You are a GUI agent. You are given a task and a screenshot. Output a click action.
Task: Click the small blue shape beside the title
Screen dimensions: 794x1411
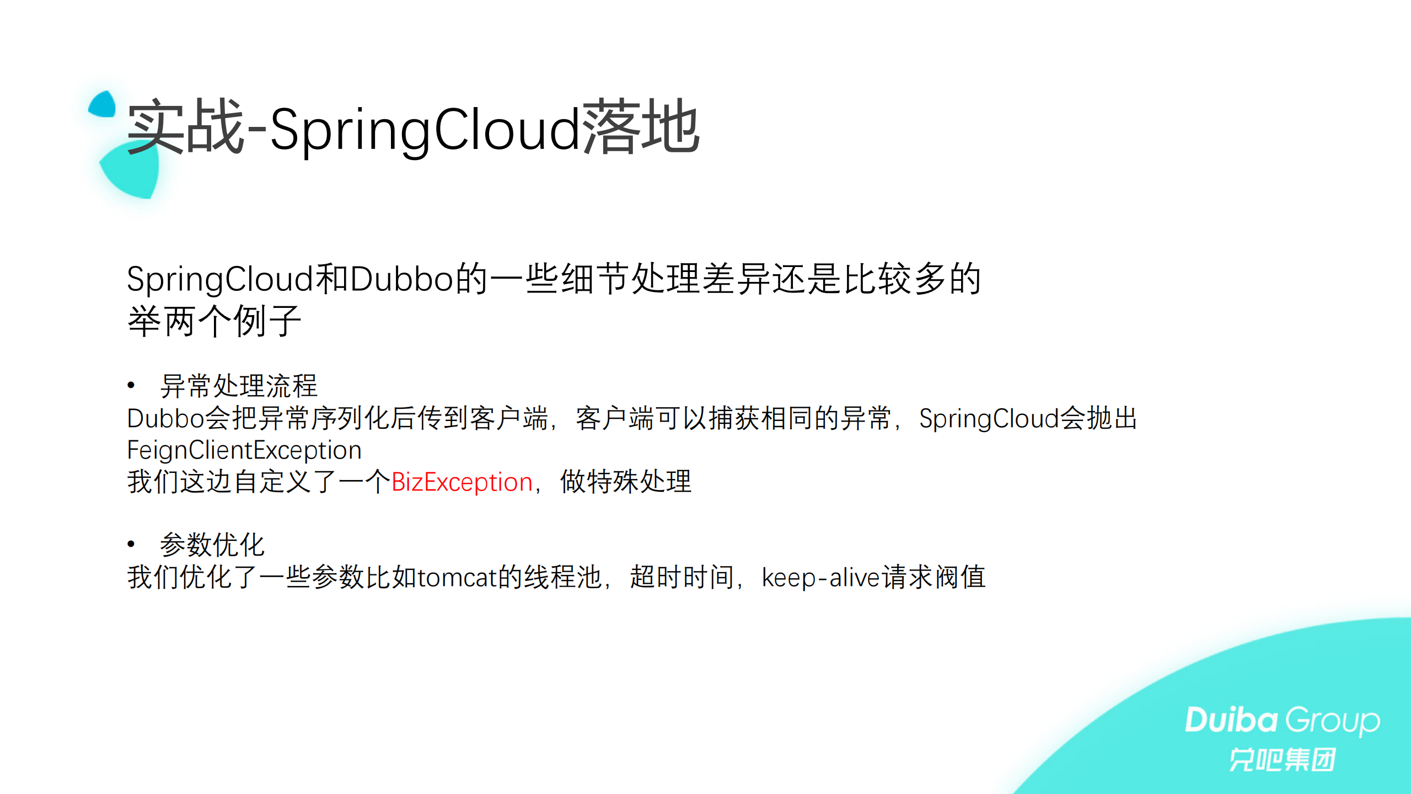pos(103,105)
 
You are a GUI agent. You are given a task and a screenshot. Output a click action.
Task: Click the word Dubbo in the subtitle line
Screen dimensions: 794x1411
pos(401,279)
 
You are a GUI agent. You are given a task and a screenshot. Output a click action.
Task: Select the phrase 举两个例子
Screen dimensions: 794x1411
pos(214,321)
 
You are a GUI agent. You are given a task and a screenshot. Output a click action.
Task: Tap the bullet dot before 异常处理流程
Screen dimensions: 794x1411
pos(131,385)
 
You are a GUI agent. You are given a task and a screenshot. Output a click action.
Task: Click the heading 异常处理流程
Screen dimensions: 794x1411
pos(238,386)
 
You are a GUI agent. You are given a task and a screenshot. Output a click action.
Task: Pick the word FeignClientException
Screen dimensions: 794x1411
pos(244,450)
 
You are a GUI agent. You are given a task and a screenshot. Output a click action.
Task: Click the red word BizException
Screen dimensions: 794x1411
pos(462,482)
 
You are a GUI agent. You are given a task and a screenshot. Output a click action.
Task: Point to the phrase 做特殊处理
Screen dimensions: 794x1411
pos(625,482)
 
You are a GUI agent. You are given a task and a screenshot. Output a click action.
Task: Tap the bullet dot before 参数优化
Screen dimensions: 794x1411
pos(131,544)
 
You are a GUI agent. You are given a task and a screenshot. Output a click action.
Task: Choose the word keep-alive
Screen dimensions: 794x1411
pos(821,578)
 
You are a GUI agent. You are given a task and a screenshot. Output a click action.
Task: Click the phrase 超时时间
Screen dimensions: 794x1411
pos(682,577)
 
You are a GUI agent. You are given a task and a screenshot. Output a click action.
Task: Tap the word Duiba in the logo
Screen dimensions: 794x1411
pos(1231,720)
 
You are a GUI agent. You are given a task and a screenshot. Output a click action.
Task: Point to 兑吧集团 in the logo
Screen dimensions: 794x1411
pos(1282,760)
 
